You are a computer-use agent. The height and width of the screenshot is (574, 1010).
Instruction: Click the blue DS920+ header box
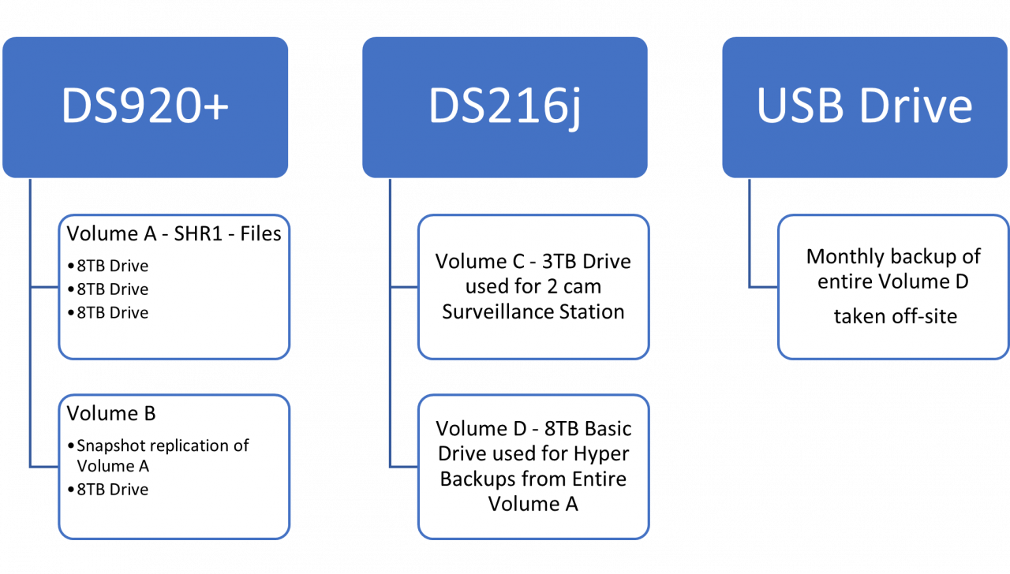pos(145,107)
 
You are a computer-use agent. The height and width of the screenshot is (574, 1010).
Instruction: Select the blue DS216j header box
pos(505,107)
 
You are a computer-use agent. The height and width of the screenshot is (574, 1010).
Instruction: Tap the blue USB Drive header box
pos(865,107)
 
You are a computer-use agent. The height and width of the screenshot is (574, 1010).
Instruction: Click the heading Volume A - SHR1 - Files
pos(174,234)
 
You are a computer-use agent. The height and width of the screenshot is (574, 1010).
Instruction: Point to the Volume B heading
pos(111,414)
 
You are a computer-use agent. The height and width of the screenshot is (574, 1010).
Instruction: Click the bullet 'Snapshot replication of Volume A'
pos(162,456)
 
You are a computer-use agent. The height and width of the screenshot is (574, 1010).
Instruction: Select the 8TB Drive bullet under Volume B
pos(112,490)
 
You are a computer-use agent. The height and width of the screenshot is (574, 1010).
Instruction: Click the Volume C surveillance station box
pos(533,287)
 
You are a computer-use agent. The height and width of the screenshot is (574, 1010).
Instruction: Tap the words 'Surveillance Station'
pos(533,312)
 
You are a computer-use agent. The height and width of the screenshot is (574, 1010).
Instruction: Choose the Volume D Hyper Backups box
pos(533,467)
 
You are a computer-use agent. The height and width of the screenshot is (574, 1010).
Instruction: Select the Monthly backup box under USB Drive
pos(894,287)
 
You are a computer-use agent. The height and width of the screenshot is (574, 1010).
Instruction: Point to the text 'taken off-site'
pos(895,317)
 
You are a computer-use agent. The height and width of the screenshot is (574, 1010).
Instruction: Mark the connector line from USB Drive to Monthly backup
pos(750,237)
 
